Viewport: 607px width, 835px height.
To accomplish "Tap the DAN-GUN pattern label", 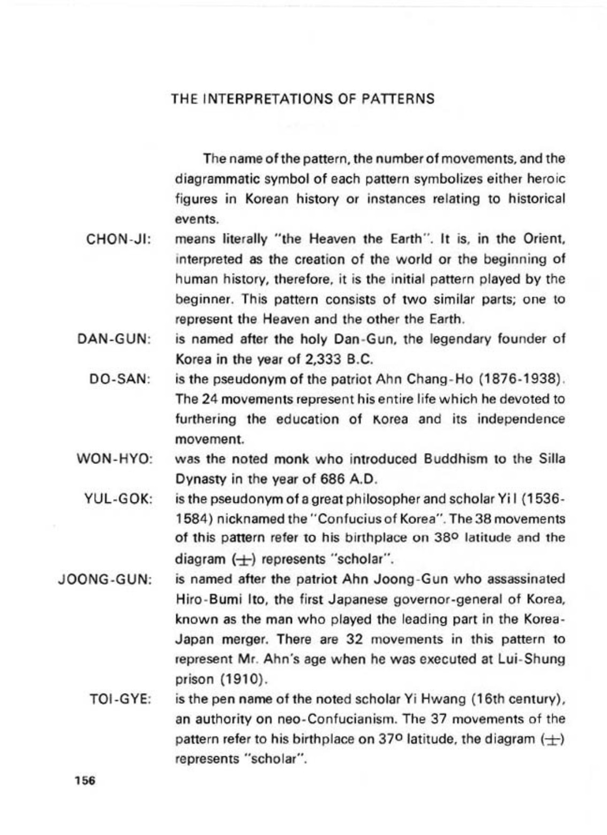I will [114, 340].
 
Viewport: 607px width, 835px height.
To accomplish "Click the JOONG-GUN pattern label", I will [104, 580].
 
